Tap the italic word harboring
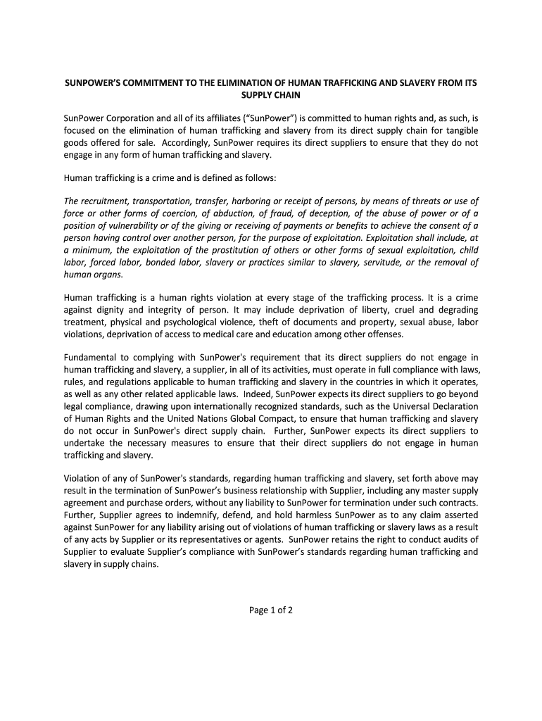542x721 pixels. [x=239, y=201]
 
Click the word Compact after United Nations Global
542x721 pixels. [x=260, y=418]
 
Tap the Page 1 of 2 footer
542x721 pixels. [x=271, y=610]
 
